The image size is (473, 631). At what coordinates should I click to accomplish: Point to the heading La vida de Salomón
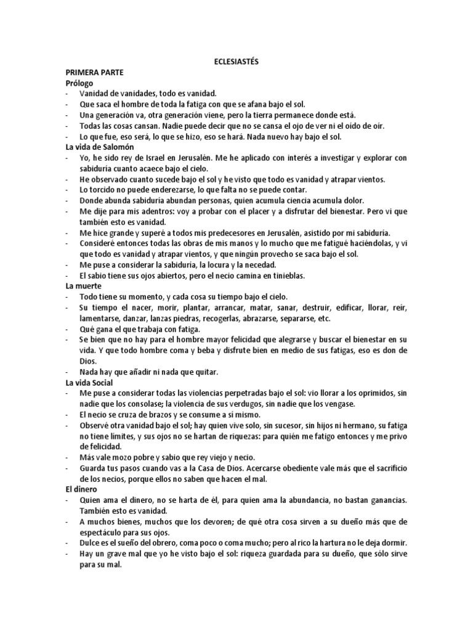99,147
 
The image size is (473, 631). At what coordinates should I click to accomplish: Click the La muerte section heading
84,286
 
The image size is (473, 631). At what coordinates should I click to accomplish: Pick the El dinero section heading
84,489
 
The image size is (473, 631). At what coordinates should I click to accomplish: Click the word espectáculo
105,532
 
